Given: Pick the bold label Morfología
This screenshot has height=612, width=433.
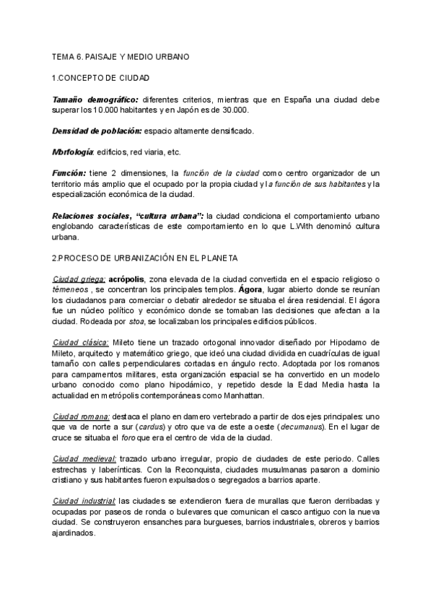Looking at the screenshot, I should [73, 152].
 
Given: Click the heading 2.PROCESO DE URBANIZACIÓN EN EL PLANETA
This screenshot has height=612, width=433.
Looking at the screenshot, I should [146, 258].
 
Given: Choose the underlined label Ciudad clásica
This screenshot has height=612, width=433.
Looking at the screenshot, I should [81, 342].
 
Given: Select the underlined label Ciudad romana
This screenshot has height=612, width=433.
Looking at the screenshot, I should [81, 416].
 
